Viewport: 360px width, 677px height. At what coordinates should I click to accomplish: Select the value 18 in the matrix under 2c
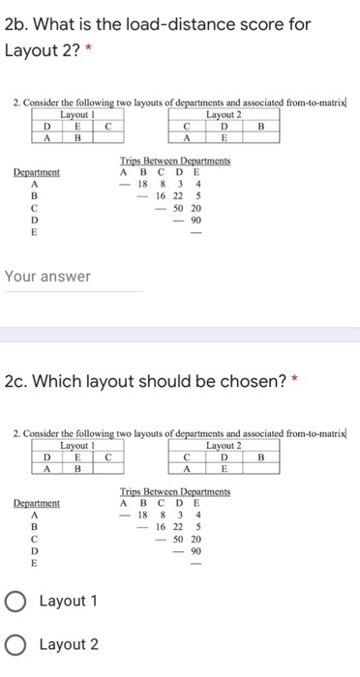click(x=141, y=515)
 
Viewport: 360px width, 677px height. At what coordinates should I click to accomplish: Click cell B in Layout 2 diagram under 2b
click(x=260, y=124)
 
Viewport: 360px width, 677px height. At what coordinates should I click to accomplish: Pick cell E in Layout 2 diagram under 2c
click(x=224, y=469)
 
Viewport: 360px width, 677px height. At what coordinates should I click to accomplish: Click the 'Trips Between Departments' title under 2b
click(x=174, y=162)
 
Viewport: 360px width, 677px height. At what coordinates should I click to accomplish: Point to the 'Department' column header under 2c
click(x=36, y=503)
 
